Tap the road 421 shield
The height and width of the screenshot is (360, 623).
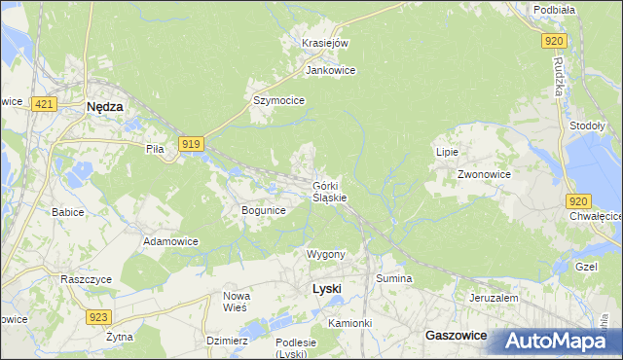click(x=42, y=102)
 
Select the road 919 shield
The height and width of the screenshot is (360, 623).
click(x=191, y=144)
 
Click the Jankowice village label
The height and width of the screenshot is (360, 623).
click(x=330, y=71)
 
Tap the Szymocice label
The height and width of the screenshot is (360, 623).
click(x=279, y=100)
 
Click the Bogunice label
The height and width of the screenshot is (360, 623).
click(x=263, y=210)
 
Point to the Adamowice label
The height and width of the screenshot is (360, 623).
click(x=170, y=240)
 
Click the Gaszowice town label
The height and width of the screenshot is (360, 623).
click(x=457, y=334)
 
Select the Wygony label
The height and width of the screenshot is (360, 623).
click(x=326, y=254)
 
